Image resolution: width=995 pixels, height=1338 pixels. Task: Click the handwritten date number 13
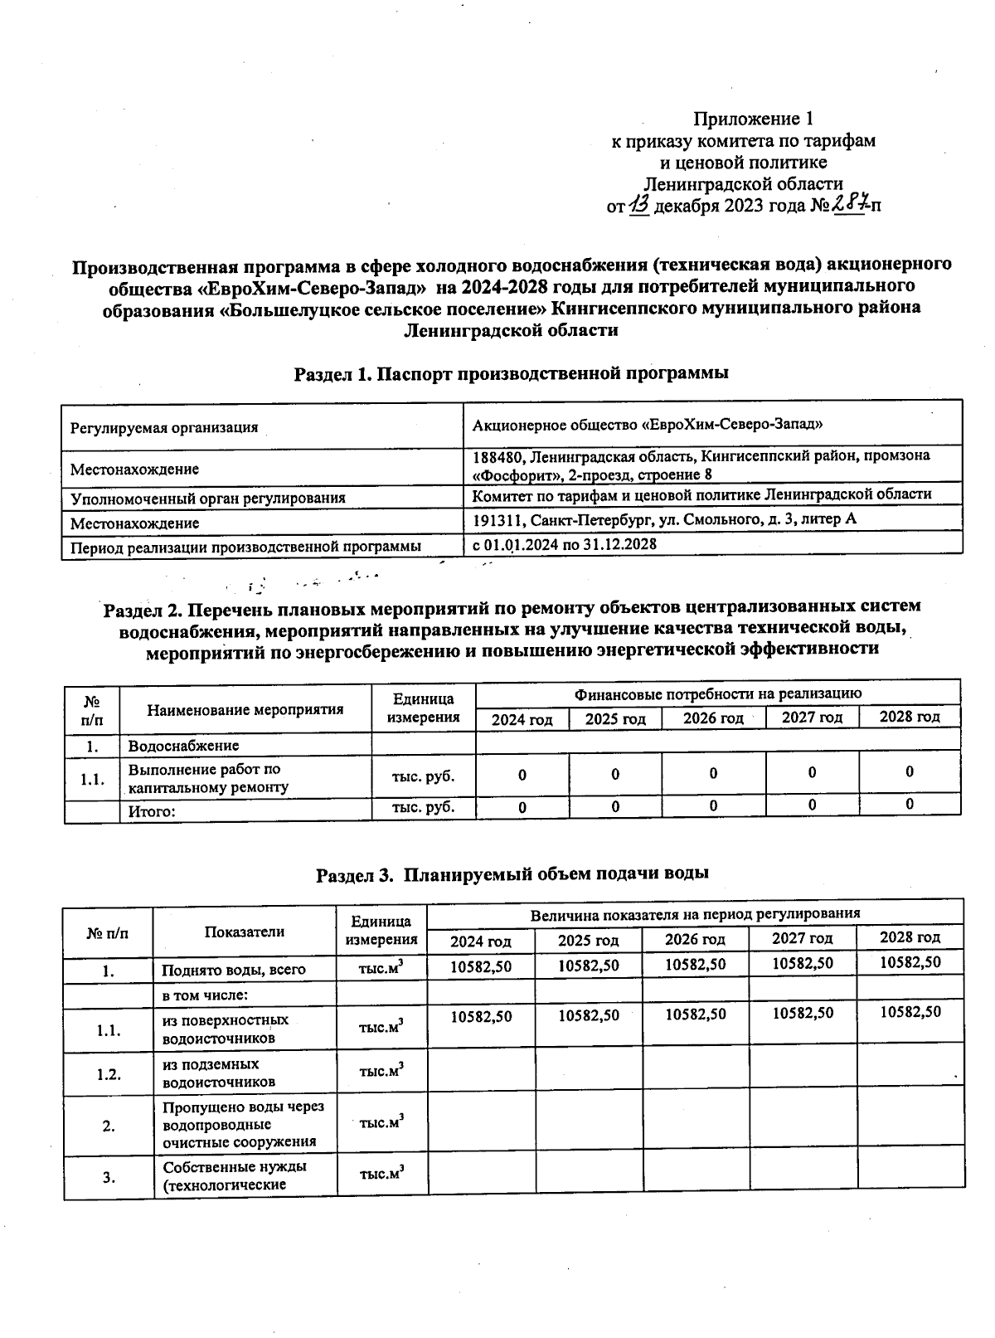click(x=640, y=205)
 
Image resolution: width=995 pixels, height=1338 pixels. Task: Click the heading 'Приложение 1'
click(x=759, y=119)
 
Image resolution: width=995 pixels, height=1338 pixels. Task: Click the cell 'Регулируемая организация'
click(x=164, y=428)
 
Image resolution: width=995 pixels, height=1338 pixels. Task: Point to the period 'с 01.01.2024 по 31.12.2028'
click(x=565, y=544)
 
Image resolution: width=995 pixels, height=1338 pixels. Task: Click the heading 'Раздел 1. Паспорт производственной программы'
click(x=512, y=373)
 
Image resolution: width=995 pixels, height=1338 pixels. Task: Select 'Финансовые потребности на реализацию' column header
click(x=718, y=693)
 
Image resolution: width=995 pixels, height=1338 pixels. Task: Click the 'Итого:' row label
click(x=152, y=811)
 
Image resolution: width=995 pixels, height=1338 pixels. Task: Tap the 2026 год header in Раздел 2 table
click(x=713, y=718)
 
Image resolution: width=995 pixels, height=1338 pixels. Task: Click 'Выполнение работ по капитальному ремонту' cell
click(x=208, y=778)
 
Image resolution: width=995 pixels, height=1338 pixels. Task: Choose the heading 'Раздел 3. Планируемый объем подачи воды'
click(x=513, y=873)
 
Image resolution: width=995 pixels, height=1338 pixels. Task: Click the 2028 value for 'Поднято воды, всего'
click(x=910, y=962)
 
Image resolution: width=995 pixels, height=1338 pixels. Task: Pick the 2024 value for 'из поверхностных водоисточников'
click(x=481, y=1016)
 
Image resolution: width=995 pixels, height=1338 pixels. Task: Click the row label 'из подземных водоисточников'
click(x=211, y=1073)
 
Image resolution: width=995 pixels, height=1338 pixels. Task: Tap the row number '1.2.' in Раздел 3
click(x=109, y=1074)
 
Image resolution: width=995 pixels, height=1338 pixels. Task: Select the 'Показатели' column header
click(x=245, y=932)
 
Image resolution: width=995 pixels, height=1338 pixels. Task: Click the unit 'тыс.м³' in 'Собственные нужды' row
click(x=381, y=1174)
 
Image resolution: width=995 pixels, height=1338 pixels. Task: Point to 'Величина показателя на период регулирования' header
click(x=695, y=913)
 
